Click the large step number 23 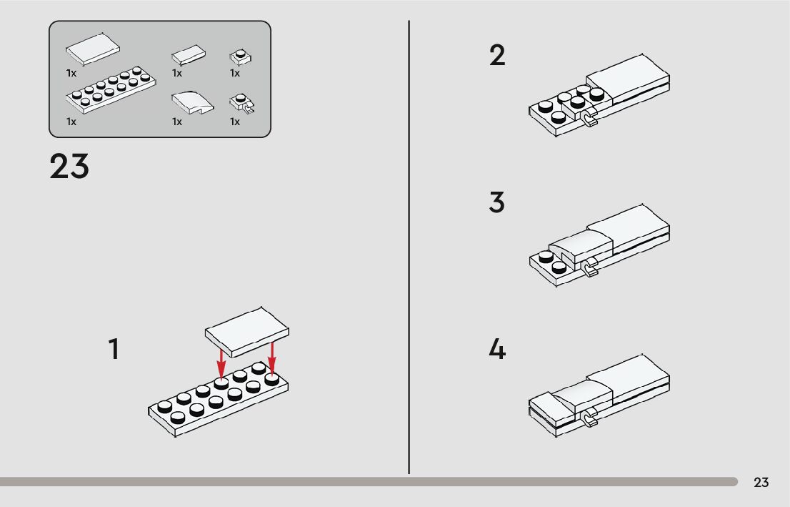[69, 167]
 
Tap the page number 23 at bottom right [761, 482]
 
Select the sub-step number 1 [114, 350]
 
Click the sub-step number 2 [497, 56]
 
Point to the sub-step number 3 [497, 203]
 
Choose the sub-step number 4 [497, 350]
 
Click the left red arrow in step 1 [221, 362]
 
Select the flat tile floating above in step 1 [247, 331]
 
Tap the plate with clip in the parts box [241, 105]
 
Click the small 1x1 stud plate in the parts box [240, 57]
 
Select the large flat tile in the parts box [93, 50]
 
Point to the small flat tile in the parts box [189, 55]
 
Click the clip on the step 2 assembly [590, 119]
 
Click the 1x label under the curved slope [177, 122]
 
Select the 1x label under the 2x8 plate [71, 122]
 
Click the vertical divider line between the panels [409, 247]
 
